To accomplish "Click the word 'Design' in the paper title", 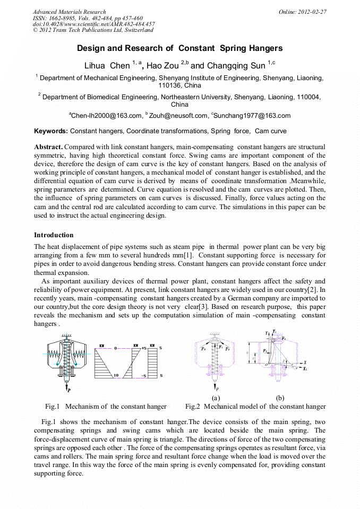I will (x=91, y=48).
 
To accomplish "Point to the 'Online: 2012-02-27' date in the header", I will (x=303, y=12).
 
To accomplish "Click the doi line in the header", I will (x=93, y=24).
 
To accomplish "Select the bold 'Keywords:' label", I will (x=51, y=131).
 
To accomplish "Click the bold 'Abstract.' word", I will (x=48, y=146).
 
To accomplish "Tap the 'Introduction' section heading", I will (x=54, y=235).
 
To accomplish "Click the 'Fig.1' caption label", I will (x=52, y=407).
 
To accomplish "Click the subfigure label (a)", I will (x=216, y=398).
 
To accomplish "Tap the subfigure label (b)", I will (x=280, y=398).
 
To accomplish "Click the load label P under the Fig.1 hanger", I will (x=68, y=395).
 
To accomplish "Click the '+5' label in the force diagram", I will (x=144, y=349).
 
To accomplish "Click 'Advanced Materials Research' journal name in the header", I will (x=69, y=12).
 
